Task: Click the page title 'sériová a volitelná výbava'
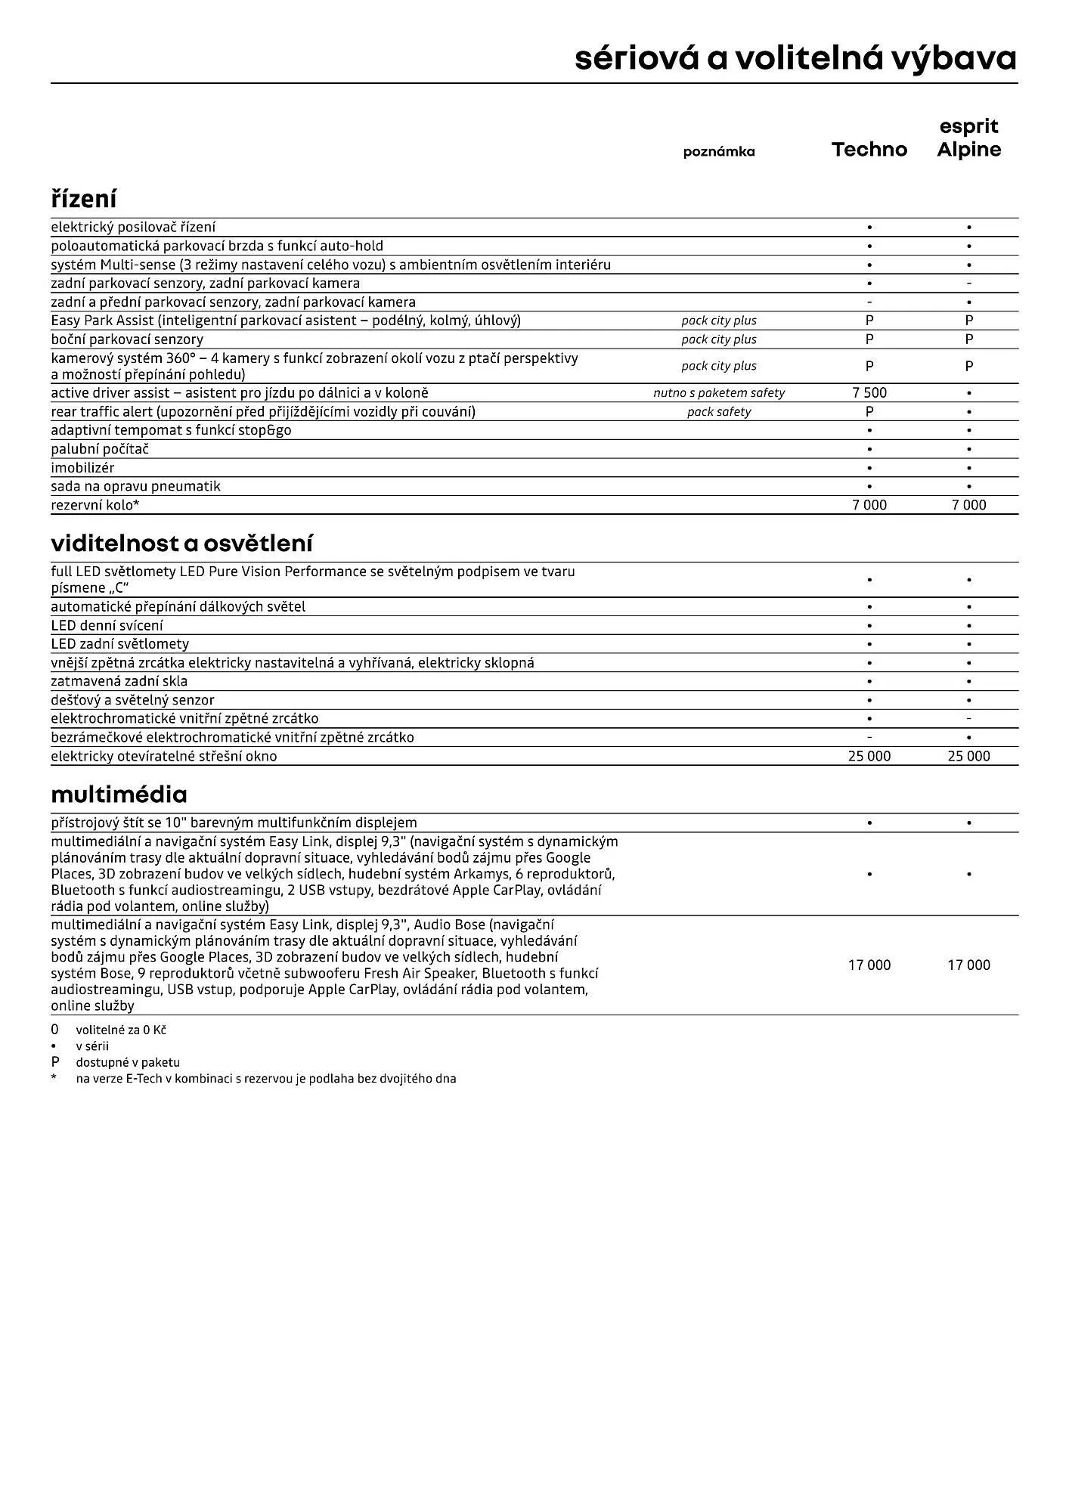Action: click(x=795, y=58)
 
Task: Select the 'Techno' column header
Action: click(x=869, y=150)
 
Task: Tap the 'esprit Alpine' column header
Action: click(x=968, y=138)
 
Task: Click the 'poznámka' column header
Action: click(x=719, y=152)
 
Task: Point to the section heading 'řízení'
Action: click(x=84, y=200)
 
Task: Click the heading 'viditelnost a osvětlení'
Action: click(x=181, y=544)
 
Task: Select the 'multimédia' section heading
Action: click(x=119, y=795)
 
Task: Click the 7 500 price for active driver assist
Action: click(x=869, y=393)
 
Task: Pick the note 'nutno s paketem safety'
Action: click(x=719, y=393)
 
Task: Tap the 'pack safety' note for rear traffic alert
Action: click(x=719, y=412)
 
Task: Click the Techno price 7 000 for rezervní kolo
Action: click(x=869, y=505)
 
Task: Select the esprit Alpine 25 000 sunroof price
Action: click(x=968, y=756)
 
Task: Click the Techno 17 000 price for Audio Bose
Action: click(x=869, y=965)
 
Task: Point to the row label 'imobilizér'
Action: click(x=82, y=468)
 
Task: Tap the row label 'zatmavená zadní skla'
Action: click(x=119, y=681)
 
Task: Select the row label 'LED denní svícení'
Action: click(x=107, y=626)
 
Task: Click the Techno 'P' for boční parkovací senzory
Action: click(x=869, y=339)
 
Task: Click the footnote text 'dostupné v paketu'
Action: click(x=128, y=1062)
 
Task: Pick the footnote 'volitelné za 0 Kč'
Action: click(x=121, y=1030)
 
